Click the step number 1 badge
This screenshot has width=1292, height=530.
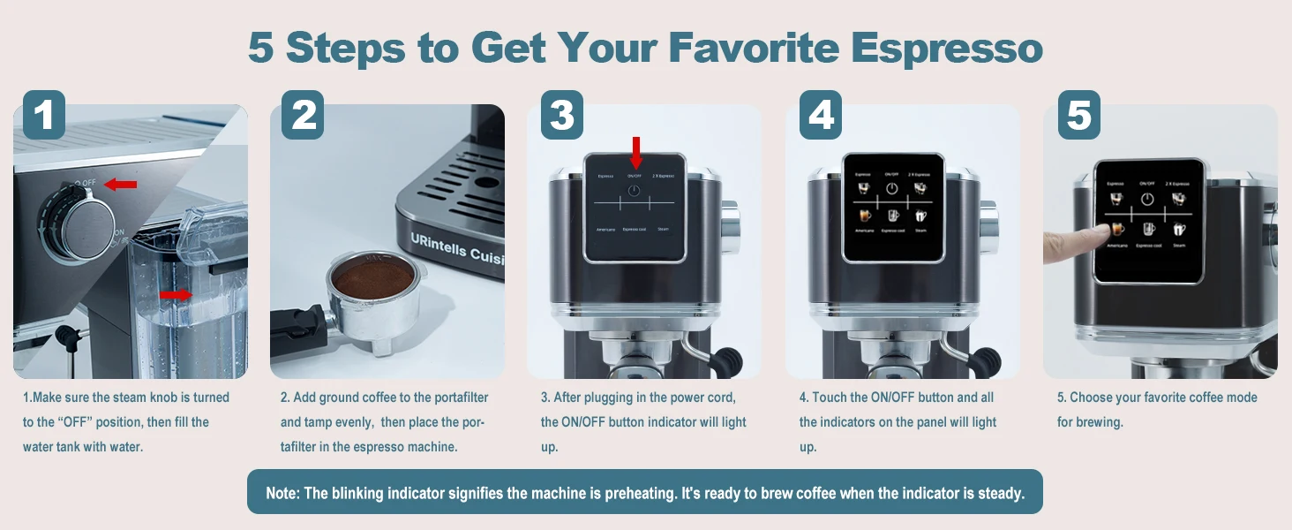point(43,115)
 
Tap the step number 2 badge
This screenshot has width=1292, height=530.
point(303,115)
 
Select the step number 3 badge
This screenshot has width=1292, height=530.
point(561,115)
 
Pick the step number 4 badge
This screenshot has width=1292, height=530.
point(821,115)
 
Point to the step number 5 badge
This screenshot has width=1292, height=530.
point(1078,115)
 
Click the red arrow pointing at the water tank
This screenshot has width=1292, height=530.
point(176,294)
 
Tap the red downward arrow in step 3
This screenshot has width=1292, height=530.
point(635,151)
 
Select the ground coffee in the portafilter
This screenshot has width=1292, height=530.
point(372,279)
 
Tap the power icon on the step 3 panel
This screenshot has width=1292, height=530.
point(634,190)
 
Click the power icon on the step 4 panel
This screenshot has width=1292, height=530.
point(892,189)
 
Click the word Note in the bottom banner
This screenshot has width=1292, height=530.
point(282,493)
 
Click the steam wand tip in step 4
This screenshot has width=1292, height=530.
point(988,360)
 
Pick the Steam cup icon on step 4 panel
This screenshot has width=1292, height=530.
point(921,216)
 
